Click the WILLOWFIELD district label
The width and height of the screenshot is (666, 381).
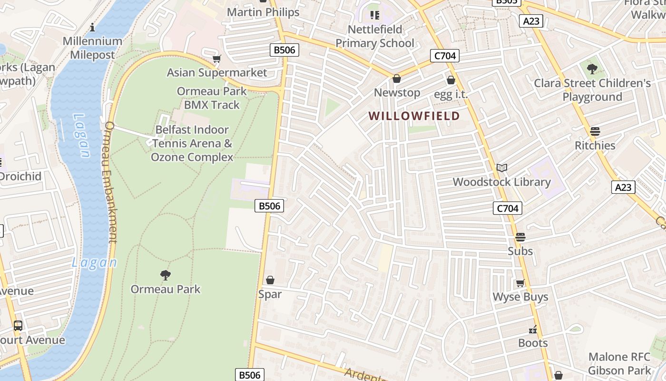[x=414, y=116]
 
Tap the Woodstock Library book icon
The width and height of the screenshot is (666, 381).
[x=501, y=168]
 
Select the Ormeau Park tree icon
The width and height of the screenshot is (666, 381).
[x=165, y=275]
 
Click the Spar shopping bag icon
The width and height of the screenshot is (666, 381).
[x=270, y=280]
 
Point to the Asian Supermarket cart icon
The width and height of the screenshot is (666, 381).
[x=217, y=59]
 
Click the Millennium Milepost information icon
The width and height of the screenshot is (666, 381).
[x=92, y=27]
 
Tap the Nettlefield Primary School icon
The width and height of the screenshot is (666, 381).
[x=375, y=15]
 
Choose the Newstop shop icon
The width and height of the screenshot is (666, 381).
[x=396, y=79]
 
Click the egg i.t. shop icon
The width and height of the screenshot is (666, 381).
[x=451, y=80]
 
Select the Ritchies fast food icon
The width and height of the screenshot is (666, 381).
[x=595, y=131]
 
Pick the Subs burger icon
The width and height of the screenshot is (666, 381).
[x=520, y=237]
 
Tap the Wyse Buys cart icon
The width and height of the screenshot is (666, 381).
[x=520, y=283]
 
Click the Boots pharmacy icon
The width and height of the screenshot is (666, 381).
[x=533, y=329]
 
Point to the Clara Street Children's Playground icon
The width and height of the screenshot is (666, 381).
[x=592, y=69]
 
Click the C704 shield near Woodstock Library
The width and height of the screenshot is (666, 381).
[x=507, y=208]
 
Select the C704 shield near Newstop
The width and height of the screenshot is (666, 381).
[x=445, y=56]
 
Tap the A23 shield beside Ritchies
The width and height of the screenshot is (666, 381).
[x=623, y=187]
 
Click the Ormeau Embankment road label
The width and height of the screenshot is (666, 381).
[x=110, y=182]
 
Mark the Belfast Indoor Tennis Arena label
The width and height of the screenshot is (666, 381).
[x=192, y=143]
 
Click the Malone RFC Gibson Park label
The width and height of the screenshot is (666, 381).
[x=619, y=363]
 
